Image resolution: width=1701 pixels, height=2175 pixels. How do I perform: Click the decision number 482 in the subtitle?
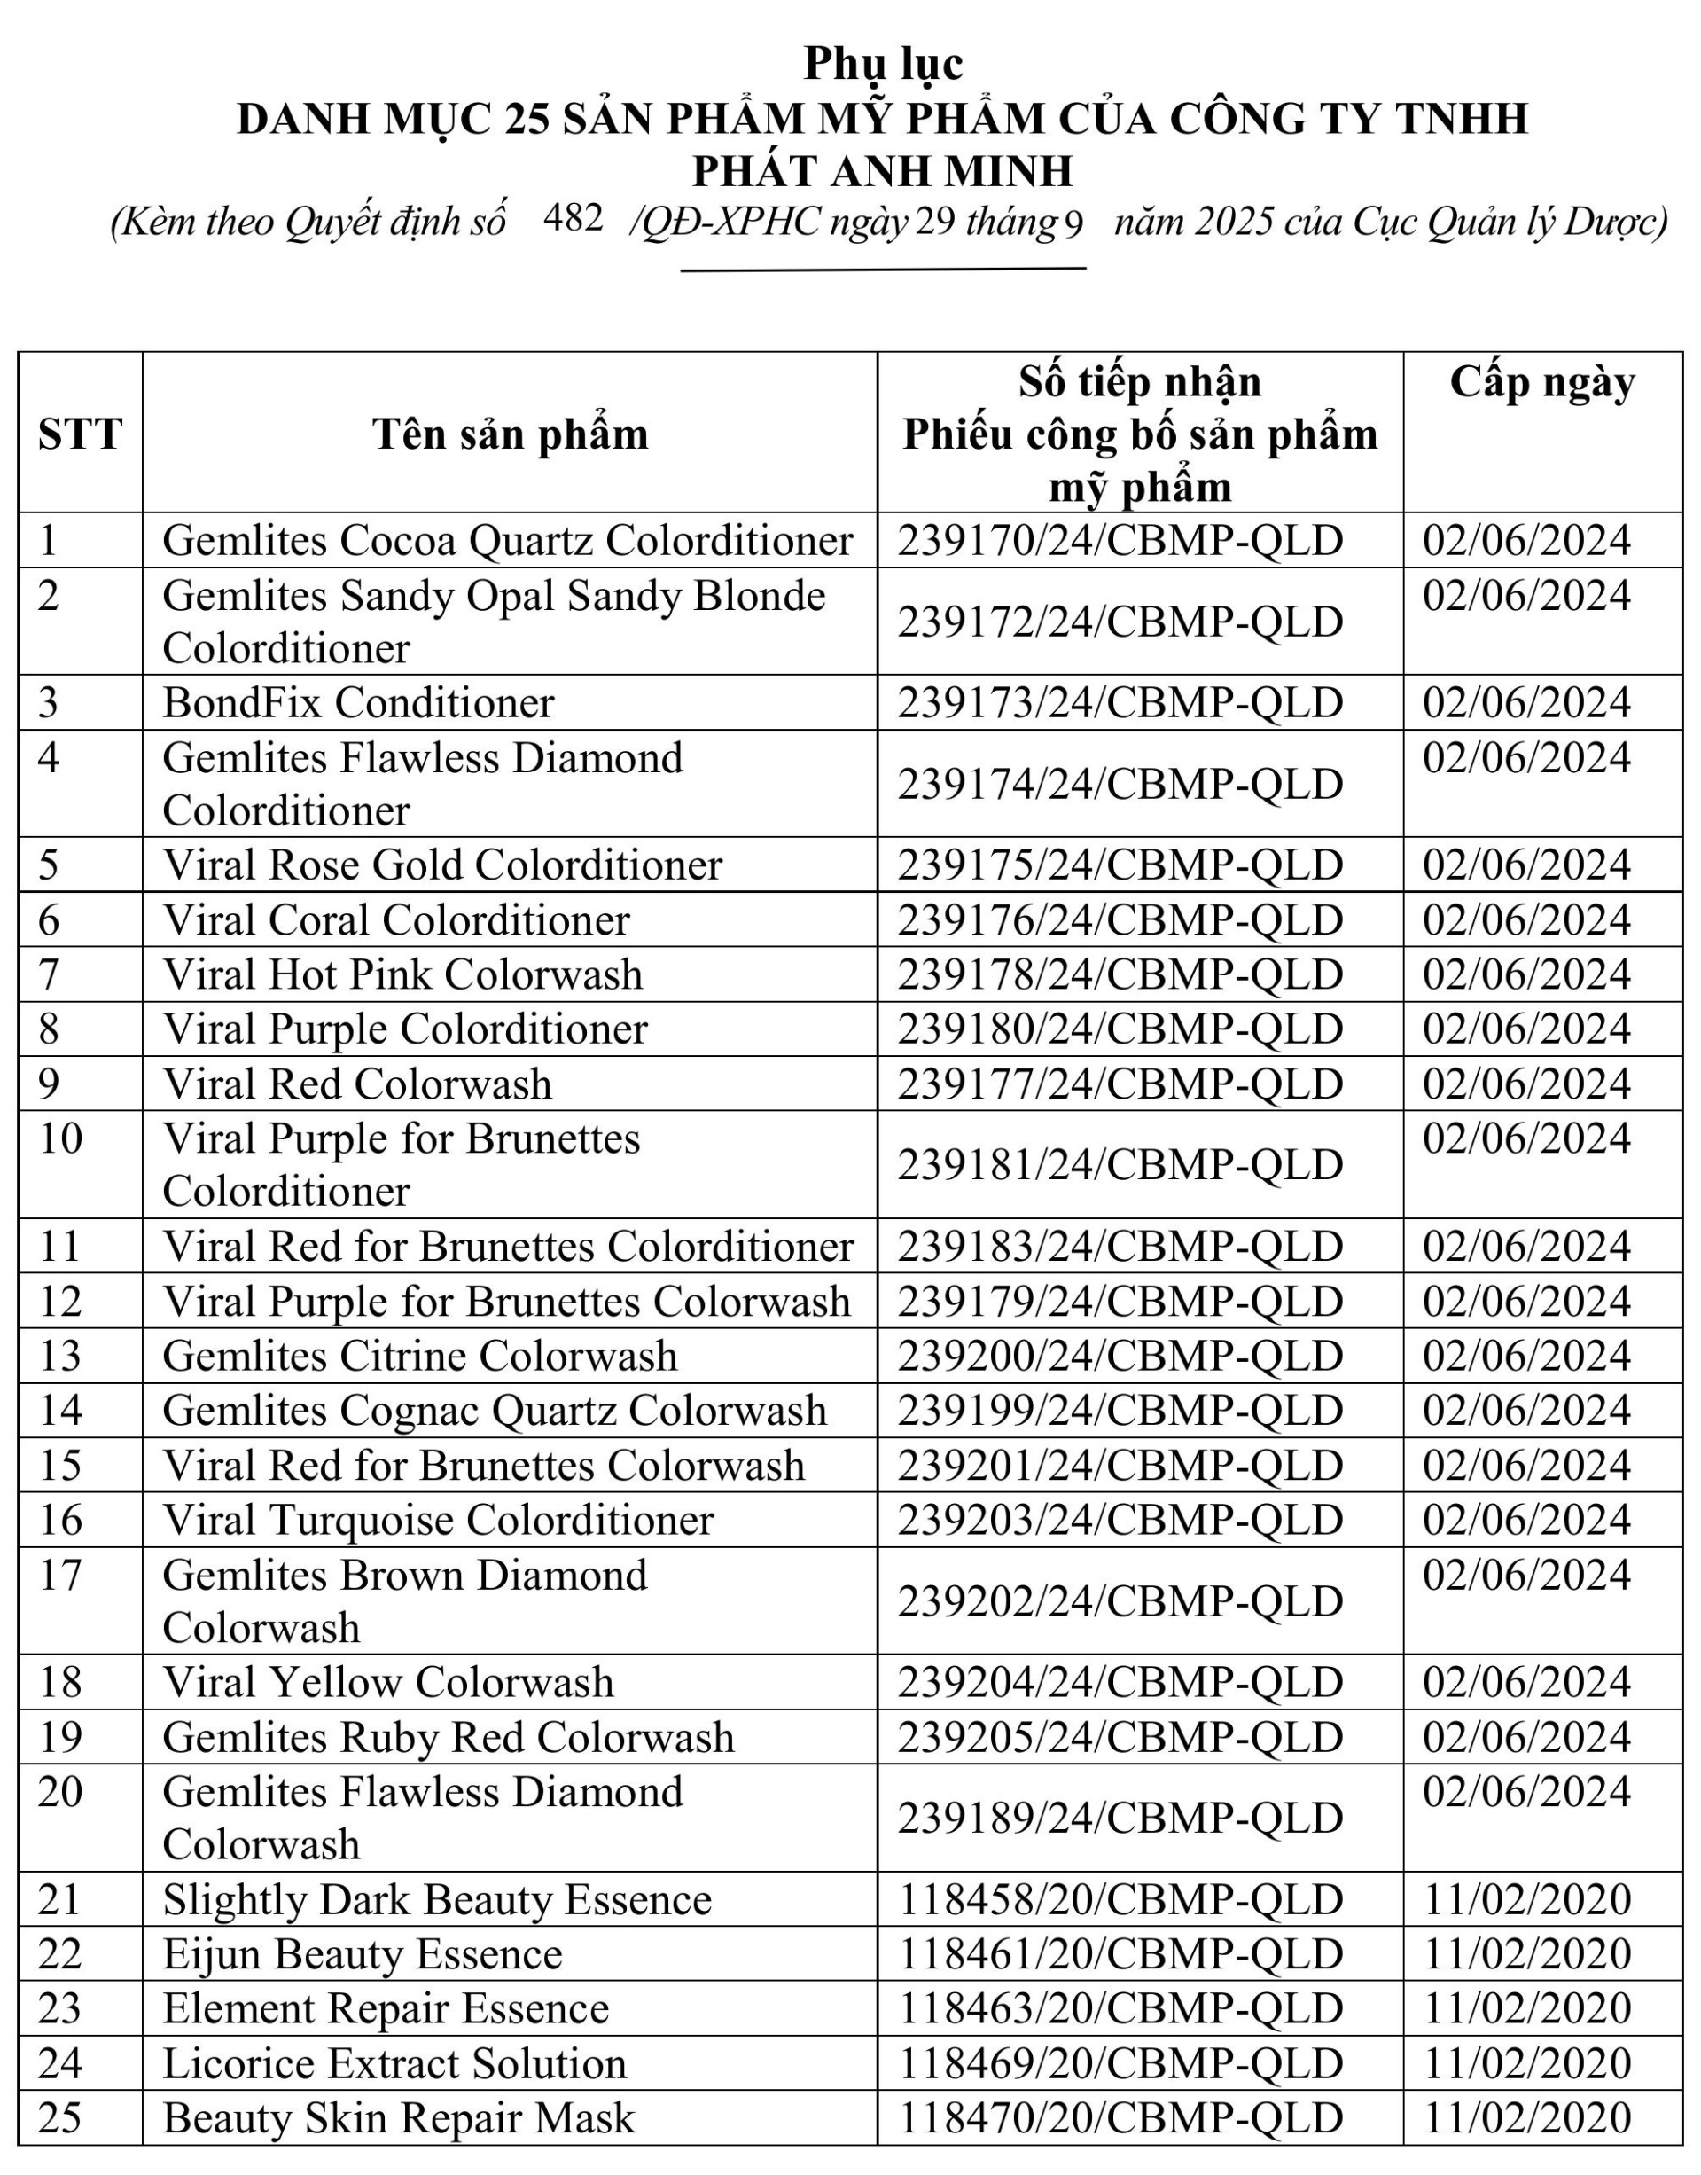point(573,218)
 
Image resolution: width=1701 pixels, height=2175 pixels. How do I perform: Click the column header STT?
point(80,434)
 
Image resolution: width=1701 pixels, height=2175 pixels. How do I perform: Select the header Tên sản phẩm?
point(510,434)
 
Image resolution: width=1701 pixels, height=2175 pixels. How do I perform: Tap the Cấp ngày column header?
point(1541,382)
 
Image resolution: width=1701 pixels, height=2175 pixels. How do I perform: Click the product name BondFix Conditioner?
point(357,703)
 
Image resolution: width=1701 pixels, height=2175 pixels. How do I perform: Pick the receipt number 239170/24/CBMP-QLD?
point(1120,541)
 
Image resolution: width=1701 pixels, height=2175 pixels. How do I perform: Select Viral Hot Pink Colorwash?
point(402,974)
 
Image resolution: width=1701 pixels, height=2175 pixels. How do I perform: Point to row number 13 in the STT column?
point(59,1356)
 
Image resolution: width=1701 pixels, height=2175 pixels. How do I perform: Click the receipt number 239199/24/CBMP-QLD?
point(1120,1411)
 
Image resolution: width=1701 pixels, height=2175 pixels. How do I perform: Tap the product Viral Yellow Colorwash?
point(388,1683)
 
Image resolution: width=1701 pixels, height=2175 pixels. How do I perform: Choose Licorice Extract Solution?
point(394,2063)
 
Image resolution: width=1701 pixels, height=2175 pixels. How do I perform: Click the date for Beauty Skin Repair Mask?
point(1526,2118)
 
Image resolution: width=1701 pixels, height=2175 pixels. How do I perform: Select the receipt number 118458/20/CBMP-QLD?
point(1120,1900)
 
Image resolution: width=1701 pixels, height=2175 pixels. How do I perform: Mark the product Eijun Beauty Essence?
point(363,1955)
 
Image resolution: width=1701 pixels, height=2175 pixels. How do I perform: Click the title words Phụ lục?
point(884,64)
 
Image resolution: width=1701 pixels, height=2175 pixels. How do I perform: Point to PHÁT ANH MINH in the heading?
point(884,171)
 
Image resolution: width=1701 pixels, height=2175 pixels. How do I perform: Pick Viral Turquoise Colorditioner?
point(438,1521)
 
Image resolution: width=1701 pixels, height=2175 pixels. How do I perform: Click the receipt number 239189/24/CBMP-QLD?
point(1120,1819)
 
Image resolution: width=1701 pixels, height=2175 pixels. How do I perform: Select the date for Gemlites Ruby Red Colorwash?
point(1526,1738)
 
